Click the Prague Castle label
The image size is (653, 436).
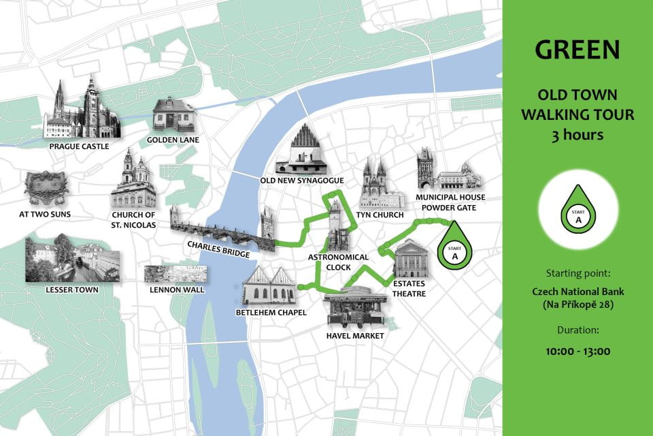[x=79, y=146]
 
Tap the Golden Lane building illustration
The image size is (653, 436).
[x=173, y=114]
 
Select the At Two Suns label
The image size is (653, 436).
[x=46, y=214]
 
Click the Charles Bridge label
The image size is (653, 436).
[x=219, y=249]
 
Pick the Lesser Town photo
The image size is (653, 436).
[x=72, y=259]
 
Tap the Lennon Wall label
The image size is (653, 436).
[x=175, y=290]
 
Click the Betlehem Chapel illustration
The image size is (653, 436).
[x=269, y=286]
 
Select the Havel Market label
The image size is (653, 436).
[x=355, y=335]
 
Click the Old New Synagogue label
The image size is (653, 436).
[x=302, y=181]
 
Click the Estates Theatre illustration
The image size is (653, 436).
[x=411, y=262]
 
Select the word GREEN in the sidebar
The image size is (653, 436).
[x=577, y=49]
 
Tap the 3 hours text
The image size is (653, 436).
[x=577, y=135]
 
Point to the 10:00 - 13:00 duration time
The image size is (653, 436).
[x=577, y=352]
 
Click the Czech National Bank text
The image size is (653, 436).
[x=577, y=292]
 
